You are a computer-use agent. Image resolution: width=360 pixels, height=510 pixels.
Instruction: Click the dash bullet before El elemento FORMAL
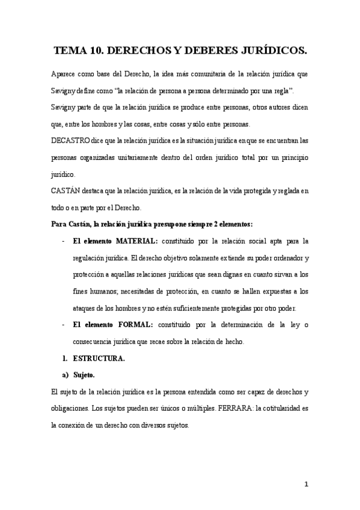(64, 325)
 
